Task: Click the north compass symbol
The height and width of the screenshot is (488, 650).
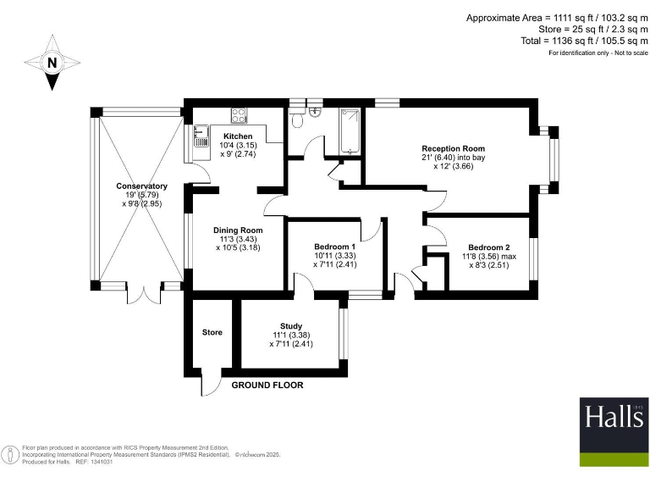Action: coord(52,61)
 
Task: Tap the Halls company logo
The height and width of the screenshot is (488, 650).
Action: coord(613,430)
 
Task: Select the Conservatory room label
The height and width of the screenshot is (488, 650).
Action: coord(142,186)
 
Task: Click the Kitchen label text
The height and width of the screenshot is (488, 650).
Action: coord(237,136)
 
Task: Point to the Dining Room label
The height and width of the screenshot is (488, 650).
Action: coord(238,230)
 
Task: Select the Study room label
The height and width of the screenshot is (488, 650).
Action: coord(291,325)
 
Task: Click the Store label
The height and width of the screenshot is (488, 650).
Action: coord(212,332)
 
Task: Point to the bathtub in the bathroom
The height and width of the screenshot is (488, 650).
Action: coord(350,131)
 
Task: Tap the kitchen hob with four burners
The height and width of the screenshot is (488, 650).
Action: coord(239,117)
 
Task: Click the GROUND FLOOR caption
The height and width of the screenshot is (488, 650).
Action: coord(267,385)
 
